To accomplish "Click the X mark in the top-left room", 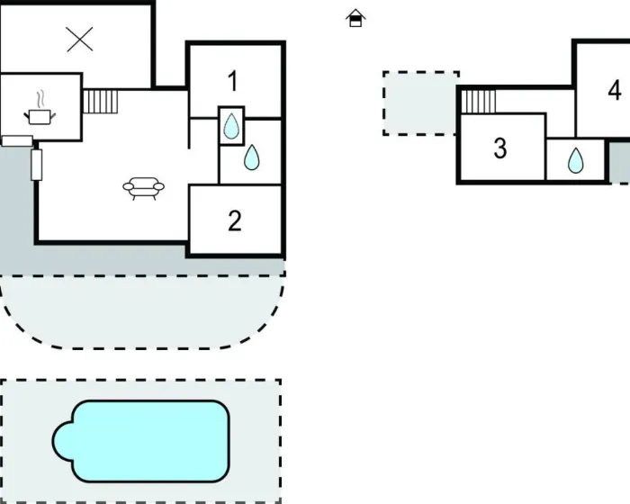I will tap(80, 39).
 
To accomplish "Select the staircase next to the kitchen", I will tap(101, 101).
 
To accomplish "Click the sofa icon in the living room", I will tap(144, 188).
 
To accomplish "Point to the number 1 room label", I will tap(233, 82).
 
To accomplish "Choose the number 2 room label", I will tap(235, 220).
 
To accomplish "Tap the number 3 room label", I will tap(500, 148).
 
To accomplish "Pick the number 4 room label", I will tap(615, 90).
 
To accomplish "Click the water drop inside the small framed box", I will tap(232, 126).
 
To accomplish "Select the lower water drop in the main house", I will tap(252, 158).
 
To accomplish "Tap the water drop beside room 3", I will tap(575, 161).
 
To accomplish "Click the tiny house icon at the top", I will tap(356, 18).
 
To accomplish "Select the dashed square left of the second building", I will tap(420, 103).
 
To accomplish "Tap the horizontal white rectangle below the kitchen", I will tap(16, 139).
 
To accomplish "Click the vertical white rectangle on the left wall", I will tap(37, 165).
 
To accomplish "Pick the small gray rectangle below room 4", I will tap(619, 162).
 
